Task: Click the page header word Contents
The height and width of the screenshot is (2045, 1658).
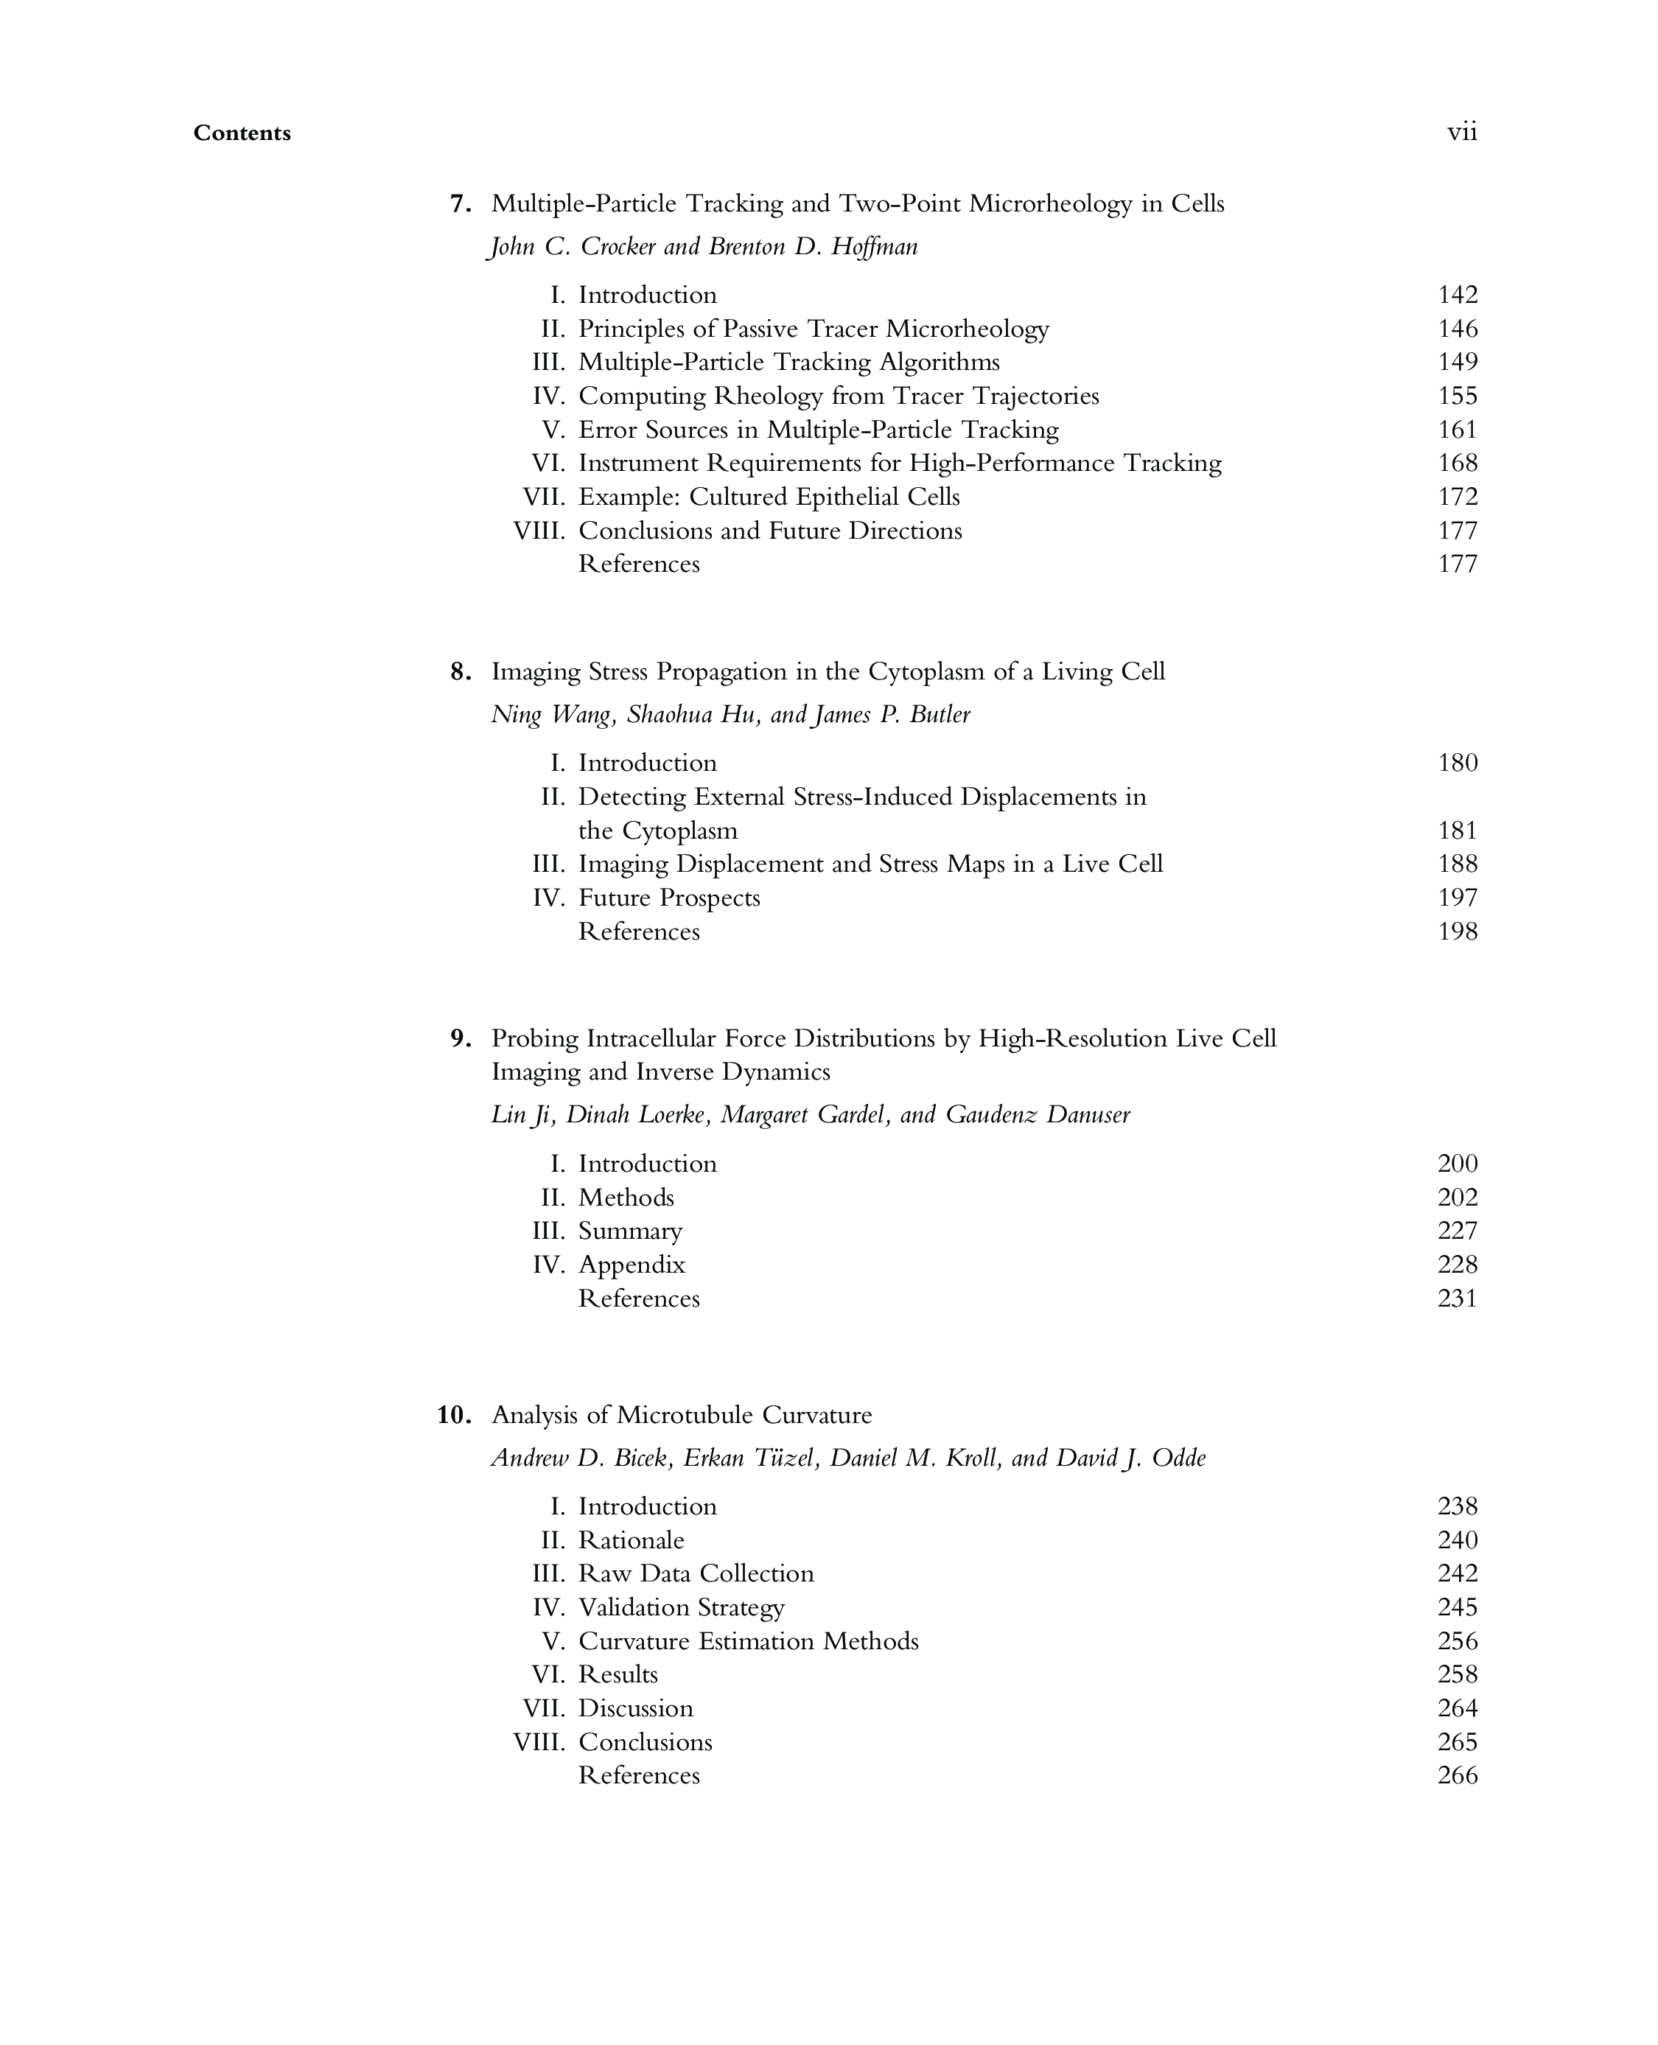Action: (242, 133)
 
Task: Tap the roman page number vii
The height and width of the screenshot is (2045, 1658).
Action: (1461, 132)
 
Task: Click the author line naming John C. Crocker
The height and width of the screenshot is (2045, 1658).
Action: (704, 248)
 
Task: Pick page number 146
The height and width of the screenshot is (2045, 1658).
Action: (1458, 329)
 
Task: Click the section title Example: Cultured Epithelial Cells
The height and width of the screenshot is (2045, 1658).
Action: (769, 497)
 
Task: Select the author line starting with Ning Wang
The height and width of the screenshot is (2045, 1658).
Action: (731, 715)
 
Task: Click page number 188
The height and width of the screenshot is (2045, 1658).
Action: (1458, 864)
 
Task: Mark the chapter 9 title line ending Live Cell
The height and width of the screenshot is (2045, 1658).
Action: (884, 1038)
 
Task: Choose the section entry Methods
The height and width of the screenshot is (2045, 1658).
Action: (626, 1197)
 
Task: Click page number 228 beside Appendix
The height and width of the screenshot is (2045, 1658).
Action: (1458, 1265)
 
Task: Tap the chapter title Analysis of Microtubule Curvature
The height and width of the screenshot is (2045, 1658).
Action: (681, 1415)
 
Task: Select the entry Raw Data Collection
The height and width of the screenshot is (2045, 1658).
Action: (696, 1573)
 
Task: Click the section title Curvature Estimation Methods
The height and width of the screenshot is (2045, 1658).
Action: (748, 1641)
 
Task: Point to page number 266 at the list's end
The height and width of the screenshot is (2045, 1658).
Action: (1458, 1775)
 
